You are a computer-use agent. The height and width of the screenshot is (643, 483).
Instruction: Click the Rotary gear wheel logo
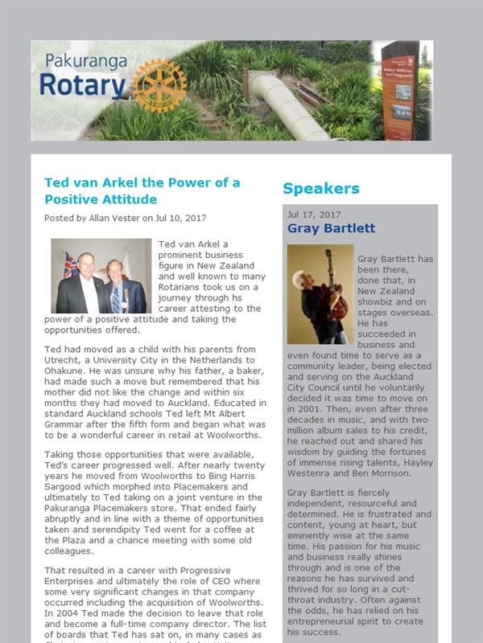tap(159, 84)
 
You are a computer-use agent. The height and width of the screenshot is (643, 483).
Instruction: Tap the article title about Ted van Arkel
tap(142, 190)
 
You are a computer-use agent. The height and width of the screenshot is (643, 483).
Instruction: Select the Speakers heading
tap(320, 189)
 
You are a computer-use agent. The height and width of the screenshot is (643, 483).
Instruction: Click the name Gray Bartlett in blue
tap(331, 228)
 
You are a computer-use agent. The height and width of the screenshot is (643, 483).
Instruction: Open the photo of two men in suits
tap(101, 276)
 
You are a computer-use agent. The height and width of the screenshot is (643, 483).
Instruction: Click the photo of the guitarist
tap(320, 294)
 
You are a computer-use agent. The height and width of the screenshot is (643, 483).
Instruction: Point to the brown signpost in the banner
tap(399, 88)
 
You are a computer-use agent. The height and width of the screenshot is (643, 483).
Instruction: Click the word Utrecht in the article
tap(60, 361)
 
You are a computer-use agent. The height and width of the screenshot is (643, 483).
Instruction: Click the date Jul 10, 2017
tap(181, 218)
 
